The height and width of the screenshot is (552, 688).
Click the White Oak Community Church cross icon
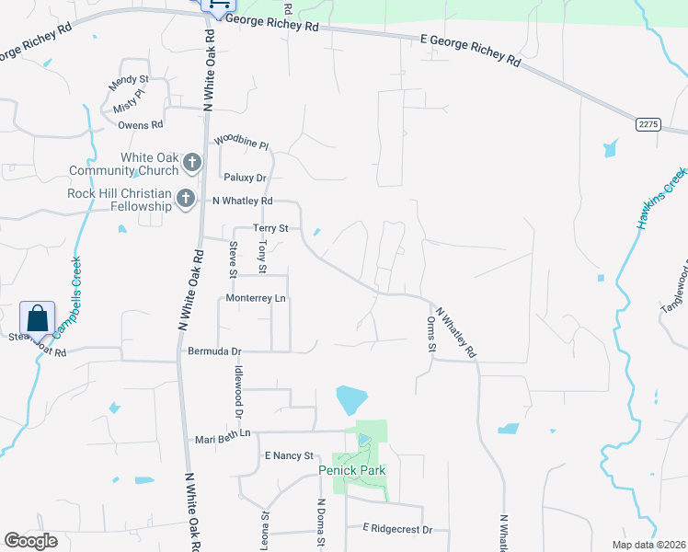pyautogui.click(x=191, y=164)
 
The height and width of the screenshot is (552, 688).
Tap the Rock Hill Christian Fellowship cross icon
pyautogui.click(x=186, y=198)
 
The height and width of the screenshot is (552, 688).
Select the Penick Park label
pyautogui.click(x=351, y=470)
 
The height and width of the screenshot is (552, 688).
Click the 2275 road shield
pyautogui.click(x=648, y=123)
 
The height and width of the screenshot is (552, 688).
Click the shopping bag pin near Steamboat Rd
pyautogui.click(x=38, y=318)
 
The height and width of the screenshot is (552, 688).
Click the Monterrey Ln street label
pyautogui.click(x=256, y=299)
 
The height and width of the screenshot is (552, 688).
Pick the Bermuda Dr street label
pyautogui.click(x=214, y=351)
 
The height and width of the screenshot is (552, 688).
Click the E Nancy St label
pyautogui.click(x=289, y=455)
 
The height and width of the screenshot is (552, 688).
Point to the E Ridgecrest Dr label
pyautogui.click(x=404, y=528)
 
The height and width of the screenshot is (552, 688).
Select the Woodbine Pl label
pyautogui.click(x=241, y=144)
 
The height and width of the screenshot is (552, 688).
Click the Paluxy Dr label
pyautogui.click(x=245, y=178)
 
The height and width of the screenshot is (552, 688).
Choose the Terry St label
pyautogui.click(x=271, y=228)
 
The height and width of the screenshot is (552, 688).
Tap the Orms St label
pyautogui.click(x=430, y=334)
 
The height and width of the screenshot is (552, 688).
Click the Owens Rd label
pyautogui.click(x=140, y=124)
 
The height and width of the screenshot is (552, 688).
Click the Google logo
pyautogui.click(x=30, y=541)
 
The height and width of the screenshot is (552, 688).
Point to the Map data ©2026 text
pyautogui.click(x=649, y=545)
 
